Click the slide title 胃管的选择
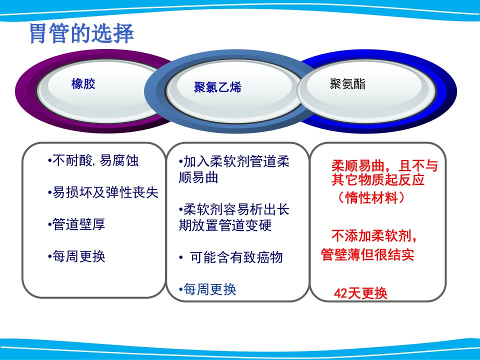tap(81, 33)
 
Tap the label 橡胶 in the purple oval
tap(83, 83)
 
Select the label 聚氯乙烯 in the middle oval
tap(217, 87)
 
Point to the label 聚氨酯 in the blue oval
tap(347, 83)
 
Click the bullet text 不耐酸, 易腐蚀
tap(93, 160)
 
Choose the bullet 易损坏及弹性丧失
tap(103, 192)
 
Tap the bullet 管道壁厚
tap(76, 224)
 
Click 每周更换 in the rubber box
tap(76, 256)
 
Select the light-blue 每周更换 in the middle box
tap(207, 289)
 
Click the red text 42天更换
tap(360, 293)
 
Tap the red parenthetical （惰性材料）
tap(371, 197)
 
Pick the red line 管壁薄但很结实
tap(367, 254)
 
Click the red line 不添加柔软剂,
tap(374, 236)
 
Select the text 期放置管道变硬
tap(225, 225)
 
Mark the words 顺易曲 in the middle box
tap(198, 177)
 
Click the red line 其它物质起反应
tap(378, 179)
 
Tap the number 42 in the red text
tap(340, 293)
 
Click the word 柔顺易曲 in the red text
tap(358, 166)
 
